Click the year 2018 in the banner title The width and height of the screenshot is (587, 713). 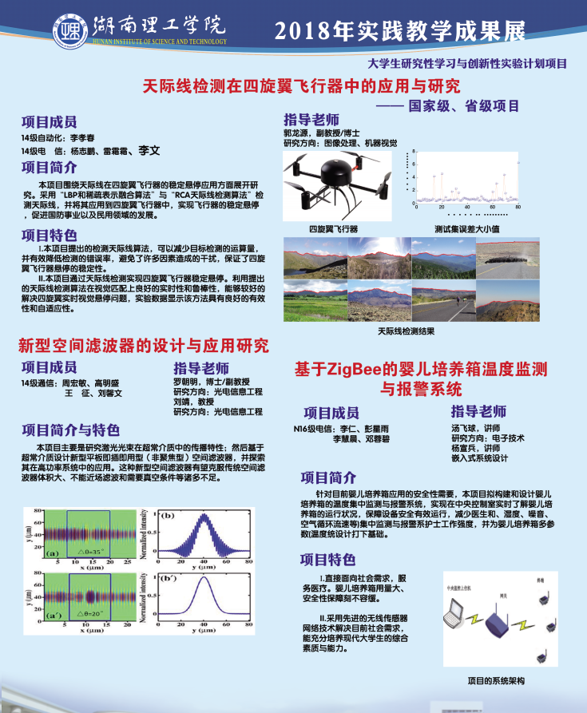coord(302,30)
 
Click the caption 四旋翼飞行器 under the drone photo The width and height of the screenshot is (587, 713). coord(334,228)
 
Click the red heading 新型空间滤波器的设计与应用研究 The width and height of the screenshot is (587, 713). coord(144,346)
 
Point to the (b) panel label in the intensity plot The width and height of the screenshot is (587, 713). coord(169,517)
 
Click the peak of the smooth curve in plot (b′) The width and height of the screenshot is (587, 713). coord(204,576)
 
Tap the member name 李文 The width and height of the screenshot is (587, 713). coord(149,150)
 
